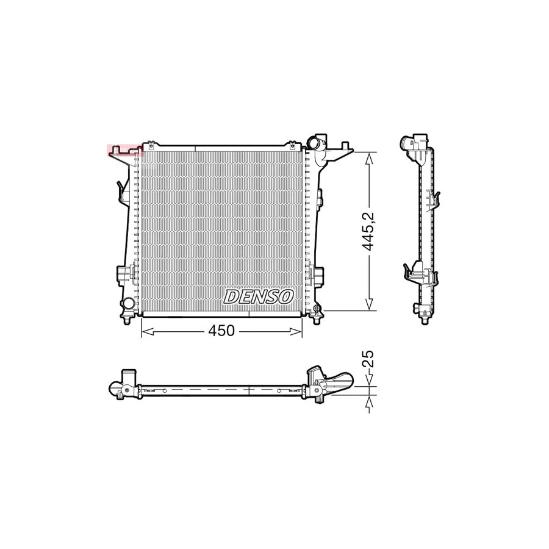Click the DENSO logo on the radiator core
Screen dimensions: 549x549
pos(259,296)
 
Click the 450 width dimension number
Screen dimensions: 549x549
pos(221,331)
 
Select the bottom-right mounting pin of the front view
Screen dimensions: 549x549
pos(318,318)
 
